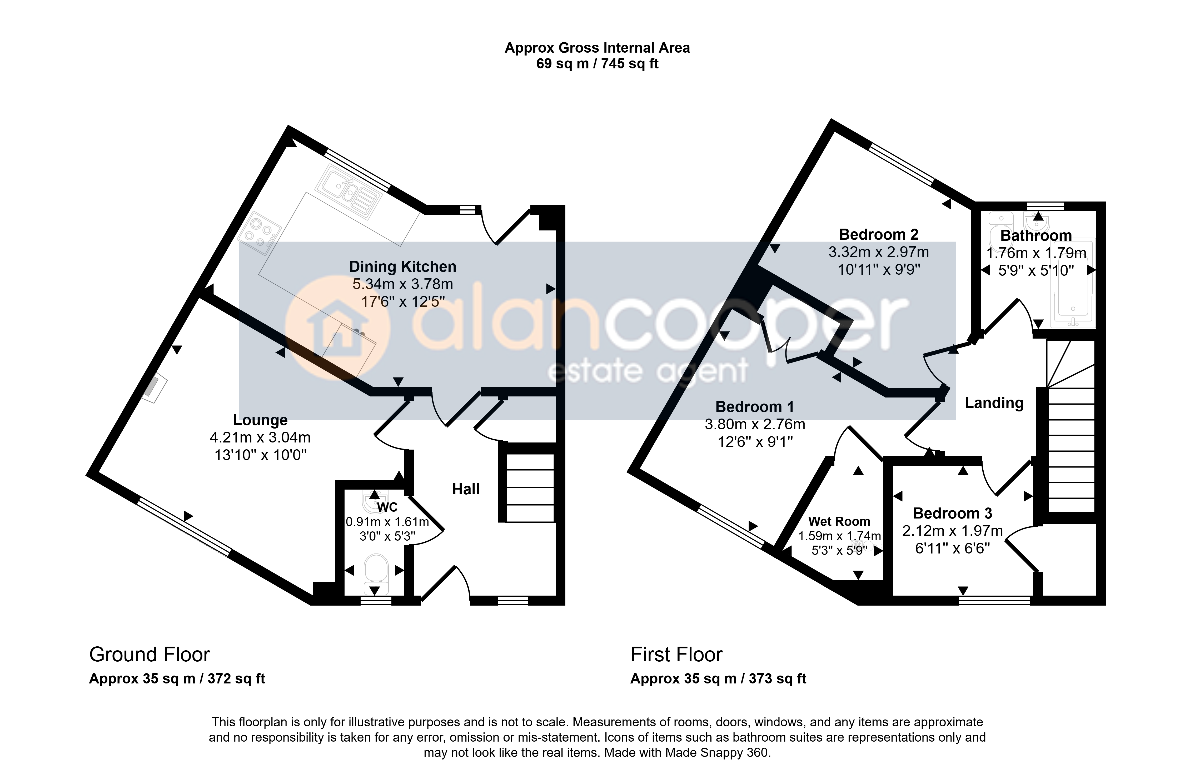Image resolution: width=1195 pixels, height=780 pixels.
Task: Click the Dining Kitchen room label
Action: (403, 266)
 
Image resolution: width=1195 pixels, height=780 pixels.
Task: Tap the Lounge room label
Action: (260, 420)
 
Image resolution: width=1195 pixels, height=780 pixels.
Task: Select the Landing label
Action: (994, 403)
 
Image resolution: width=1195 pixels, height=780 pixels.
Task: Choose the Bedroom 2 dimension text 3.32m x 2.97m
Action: (879, 252)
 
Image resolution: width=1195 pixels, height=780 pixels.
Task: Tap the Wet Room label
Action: (839, 521)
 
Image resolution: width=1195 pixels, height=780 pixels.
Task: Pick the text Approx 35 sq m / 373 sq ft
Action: (718, 679)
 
